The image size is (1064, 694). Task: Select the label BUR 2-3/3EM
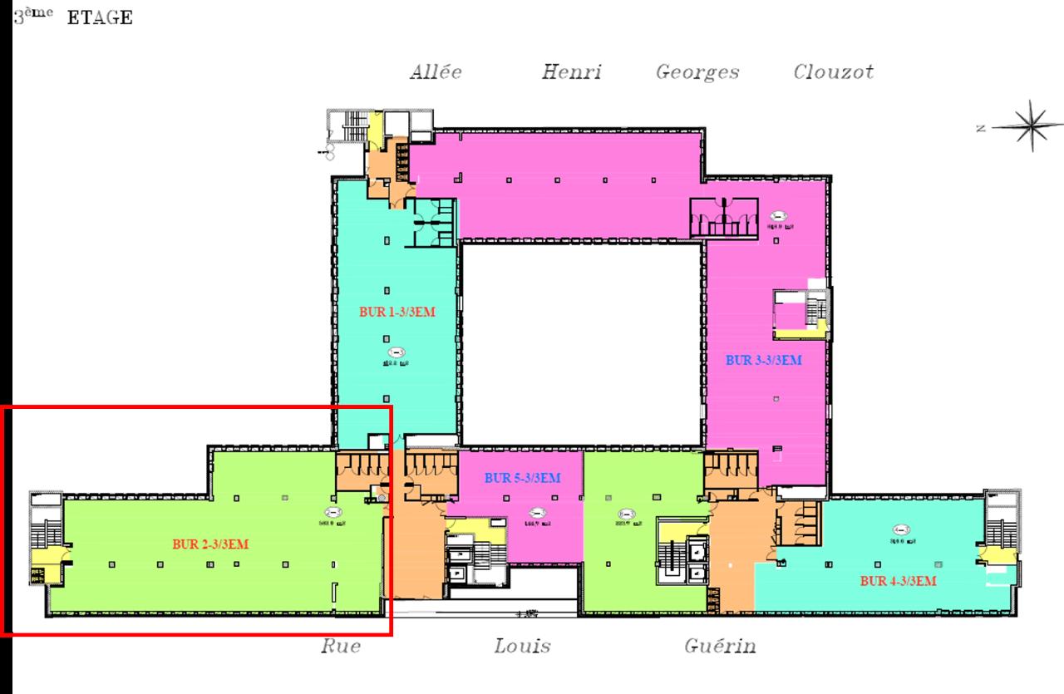(x=211, y=544)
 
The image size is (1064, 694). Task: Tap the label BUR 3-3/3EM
(x=763, y=361)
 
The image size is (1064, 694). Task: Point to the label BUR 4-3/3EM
(x=899, y=581)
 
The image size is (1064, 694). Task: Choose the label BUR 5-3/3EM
(x=522, y=478)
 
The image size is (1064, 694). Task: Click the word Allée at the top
(x=436, y=72)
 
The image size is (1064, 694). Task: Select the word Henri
(x=571, y=72)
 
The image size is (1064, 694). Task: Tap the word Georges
(x=697, y=73)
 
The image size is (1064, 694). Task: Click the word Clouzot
(x=833, y=72)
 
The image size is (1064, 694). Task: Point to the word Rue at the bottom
(x=341, y=646)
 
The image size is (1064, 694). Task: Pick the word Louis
(x=522, y=646)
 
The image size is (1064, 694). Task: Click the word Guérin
(x=720, y=646)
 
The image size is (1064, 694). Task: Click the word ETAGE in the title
(x=100, y=18)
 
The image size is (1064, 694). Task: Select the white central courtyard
(x=582, y=341)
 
